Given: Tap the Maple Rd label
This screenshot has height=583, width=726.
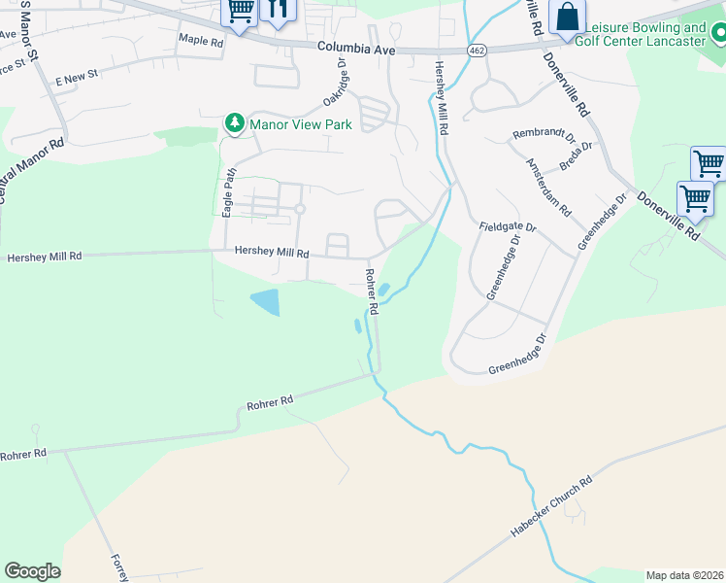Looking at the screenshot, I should (x=201, y=41).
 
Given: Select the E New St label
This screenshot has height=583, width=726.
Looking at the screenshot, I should (x=78, y=75).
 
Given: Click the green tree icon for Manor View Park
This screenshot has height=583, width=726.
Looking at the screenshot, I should (x=234, y=123).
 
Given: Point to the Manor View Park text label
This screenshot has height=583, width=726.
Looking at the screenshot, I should (x=300, y=124).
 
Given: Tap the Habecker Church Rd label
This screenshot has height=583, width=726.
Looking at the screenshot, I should (x=550, y=508).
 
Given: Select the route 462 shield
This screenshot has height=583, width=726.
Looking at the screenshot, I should (x=476, y=49).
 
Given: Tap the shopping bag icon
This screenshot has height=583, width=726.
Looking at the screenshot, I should (x=567, y=17).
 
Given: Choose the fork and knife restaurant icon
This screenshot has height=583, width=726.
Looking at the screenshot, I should (x=279, y=10).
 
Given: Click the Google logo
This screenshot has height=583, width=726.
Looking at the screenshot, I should (x=32, y=571).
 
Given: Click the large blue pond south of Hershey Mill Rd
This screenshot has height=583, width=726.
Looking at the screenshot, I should (x=264, y=301).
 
